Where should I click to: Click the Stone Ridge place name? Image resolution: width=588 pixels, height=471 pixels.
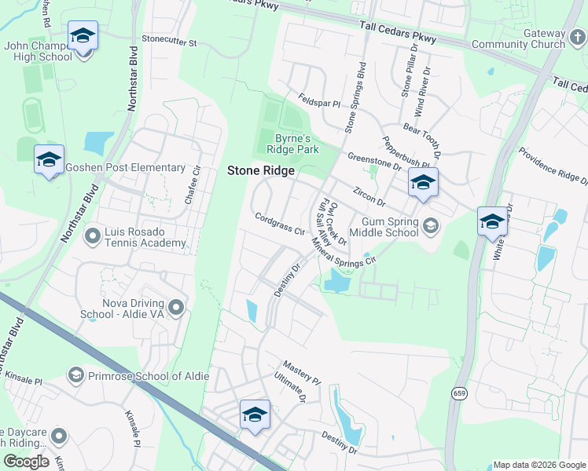pos(261,170)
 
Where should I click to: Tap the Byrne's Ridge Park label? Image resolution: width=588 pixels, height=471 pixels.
pos(292,143)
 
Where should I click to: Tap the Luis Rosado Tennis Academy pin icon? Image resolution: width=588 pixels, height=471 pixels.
pos(93,235)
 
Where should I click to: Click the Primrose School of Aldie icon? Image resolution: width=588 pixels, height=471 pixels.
pos(75,375)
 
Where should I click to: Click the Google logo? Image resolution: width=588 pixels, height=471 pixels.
pos(26,462)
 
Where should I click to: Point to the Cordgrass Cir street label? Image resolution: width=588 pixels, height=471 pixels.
pos(278,224)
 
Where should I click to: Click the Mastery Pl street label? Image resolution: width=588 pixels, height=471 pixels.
pos(302,372)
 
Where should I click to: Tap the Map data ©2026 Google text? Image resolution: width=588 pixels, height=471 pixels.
pos(538,465)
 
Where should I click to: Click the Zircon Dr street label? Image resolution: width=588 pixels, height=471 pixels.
pos(369,194)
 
